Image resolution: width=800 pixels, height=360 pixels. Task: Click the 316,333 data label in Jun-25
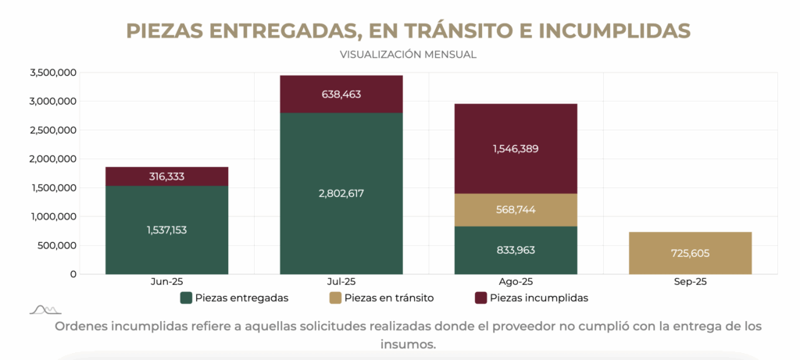166,176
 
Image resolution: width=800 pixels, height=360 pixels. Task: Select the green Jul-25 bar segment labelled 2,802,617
341,193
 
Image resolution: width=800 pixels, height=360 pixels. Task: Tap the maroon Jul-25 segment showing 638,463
341,94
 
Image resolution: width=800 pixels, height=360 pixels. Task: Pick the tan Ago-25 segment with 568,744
516,210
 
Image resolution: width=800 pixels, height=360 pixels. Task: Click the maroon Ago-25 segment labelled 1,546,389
516,148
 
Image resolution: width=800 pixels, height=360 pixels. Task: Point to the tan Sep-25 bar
690,253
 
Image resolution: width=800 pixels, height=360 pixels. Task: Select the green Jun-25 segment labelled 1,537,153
166,230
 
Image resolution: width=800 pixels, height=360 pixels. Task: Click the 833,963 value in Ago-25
516,250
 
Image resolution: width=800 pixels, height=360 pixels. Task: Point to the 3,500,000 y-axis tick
53,73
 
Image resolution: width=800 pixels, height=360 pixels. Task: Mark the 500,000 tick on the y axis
57,245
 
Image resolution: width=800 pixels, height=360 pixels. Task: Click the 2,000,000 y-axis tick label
53,159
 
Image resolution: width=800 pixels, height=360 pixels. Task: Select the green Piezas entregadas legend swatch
186,298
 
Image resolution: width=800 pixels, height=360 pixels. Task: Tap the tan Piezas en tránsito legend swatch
335,298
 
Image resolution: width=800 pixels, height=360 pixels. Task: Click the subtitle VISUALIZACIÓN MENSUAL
408,55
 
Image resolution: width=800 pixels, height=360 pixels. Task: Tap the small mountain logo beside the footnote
45,310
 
